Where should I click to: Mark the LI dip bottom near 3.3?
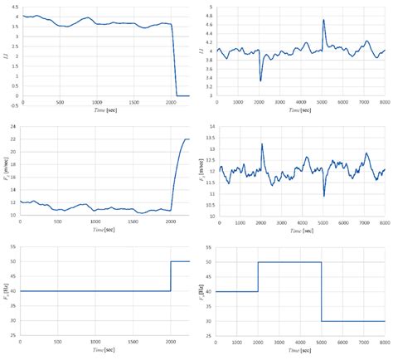[261, 80]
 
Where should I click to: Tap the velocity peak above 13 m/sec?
[262, 144]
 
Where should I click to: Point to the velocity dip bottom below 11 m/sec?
[324, 196]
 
